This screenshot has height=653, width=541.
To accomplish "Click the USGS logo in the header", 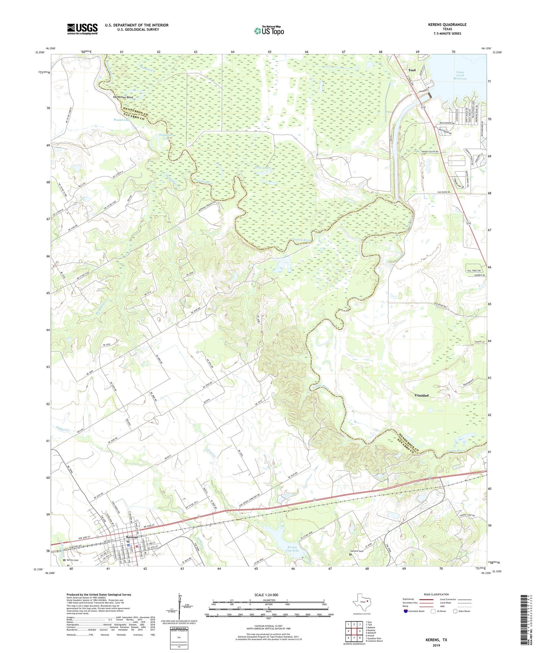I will (82, 29).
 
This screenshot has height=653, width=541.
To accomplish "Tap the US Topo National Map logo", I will (269, 31).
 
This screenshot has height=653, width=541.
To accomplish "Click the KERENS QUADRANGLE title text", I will (447, 24).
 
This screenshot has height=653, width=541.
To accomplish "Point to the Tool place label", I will (412, 70).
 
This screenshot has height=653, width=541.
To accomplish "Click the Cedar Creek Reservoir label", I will (460, 75).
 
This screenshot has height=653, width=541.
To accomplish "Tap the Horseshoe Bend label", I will (123, 98).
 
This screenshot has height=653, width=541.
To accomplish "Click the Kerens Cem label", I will (73, 560).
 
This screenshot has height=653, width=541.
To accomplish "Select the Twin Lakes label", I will (263, 168).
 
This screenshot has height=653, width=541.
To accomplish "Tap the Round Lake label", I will (122, 120).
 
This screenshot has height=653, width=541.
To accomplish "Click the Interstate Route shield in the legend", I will (406, 611).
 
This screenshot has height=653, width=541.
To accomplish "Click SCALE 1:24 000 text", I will (266, 595).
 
